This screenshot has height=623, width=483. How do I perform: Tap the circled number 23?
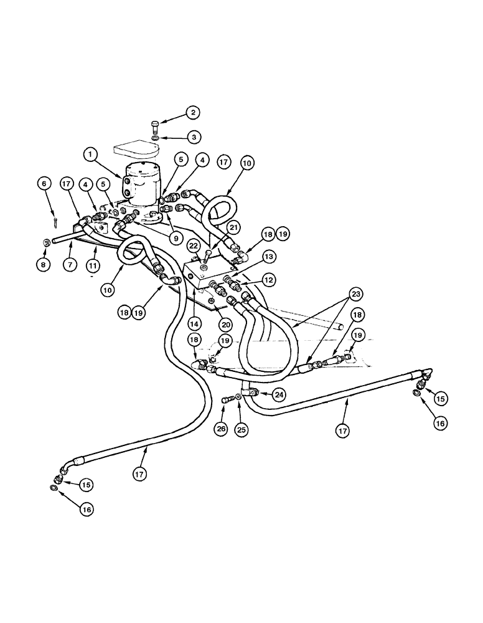click(355, 294)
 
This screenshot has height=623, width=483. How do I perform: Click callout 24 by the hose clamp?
click(278, 394)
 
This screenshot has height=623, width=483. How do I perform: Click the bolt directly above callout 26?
click(225, 401)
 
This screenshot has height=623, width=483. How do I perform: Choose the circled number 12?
click(268, 281)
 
